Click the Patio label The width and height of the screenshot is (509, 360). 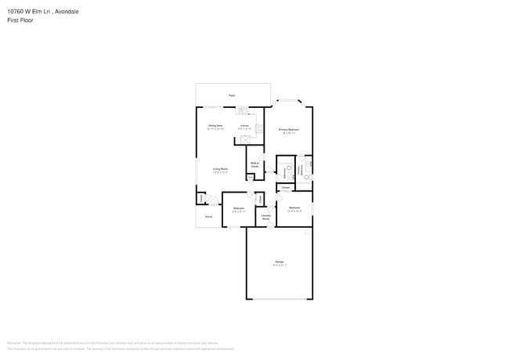point(232,95)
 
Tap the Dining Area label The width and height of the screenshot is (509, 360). point(215,126)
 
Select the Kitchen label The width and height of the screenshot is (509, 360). point(245,126)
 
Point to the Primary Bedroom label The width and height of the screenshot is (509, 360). point(289,130)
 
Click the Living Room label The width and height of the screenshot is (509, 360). point(220,169)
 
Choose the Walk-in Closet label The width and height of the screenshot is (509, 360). point(254,165)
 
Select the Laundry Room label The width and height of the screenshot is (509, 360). point(266,217)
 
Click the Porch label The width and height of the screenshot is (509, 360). point(209,217)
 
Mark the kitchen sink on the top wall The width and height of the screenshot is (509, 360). point(242,110)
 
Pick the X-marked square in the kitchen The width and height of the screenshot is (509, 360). point(245,139)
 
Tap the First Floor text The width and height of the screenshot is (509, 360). point(20,20)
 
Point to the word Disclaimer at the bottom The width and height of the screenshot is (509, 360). point(14,343)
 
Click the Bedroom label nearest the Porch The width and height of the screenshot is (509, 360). point(239,208)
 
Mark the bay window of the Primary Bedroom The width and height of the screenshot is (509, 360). point(291,101)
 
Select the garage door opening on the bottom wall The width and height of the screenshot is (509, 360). point(280,299)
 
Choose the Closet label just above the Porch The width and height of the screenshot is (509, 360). point(201,199)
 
